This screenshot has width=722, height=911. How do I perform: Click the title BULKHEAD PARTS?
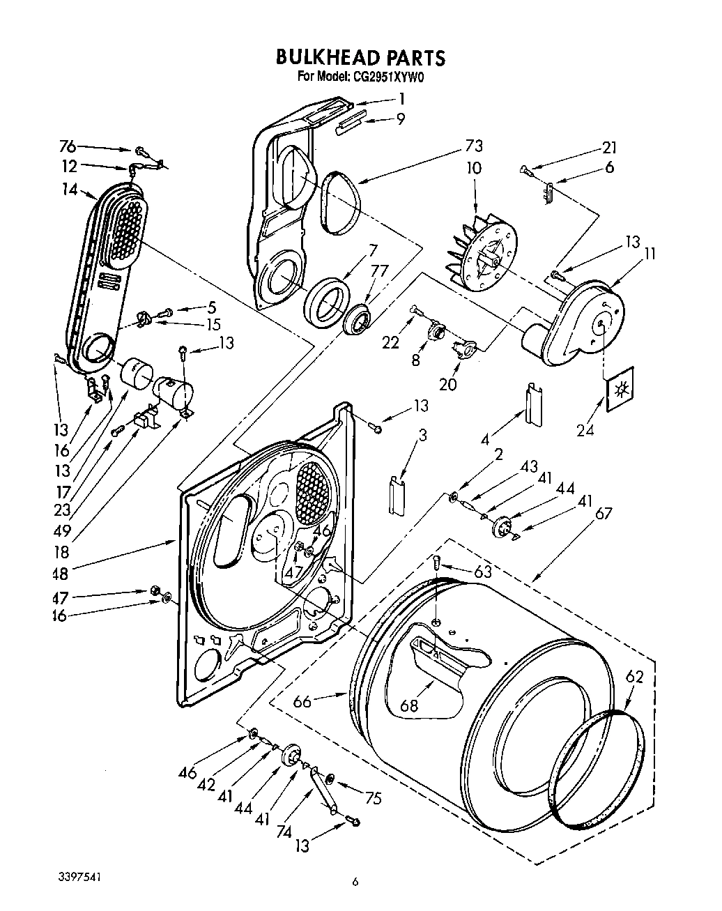coord(360,56)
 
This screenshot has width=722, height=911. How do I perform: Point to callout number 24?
coord(585,430)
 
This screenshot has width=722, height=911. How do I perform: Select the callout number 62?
coord(634,676)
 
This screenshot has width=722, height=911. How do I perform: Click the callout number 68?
coord(409,705)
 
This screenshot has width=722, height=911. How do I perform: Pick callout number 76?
coord(67,146)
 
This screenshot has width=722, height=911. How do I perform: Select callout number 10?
coord(474,168)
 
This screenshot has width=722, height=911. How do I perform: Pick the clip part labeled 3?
coord(397,496)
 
